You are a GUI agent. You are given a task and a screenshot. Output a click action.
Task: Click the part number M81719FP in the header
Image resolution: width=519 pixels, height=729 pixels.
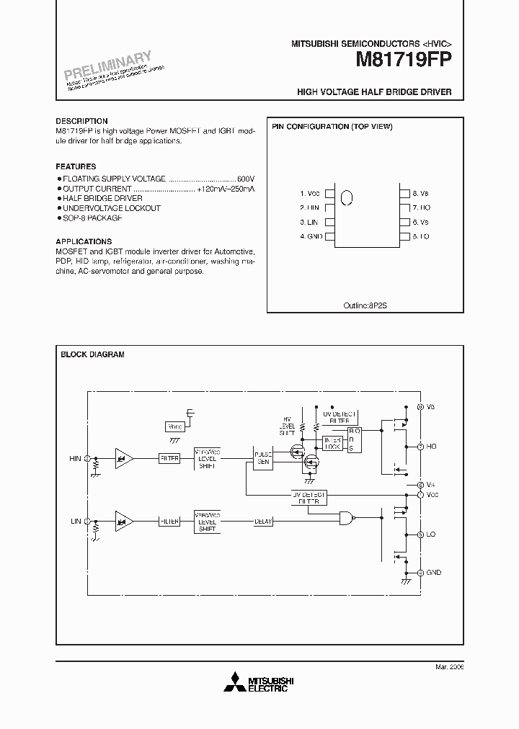point(403,62)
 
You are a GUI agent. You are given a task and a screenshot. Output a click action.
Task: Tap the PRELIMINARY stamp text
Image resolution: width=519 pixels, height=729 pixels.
point(108,66)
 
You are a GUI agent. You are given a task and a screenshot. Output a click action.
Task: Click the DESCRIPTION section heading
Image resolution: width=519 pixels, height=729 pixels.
point(81,121)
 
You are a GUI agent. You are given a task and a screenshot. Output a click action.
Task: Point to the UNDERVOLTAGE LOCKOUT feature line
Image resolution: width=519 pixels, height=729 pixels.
point(111,208)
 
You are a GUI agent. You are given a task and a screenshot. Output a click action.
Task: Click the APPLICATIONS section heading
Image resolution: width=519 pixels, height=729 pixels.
point(84,241)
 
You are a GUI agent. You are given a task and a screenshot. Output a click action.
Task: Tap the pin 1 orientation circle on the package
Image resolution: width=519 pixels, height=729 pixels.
point(346,197)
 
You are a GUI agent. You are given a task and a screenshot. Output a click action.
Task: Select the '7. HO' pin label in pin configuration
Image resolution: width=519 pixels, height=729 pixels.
point(420,207)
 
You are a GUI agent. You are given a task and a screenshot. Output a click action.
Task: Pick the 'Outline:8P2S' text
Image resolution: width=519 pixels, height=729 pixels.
point(365,305)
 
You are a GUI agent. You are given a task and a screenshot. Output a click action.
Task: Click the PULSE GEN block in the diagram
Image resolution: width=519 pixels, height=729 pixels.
point(262,457)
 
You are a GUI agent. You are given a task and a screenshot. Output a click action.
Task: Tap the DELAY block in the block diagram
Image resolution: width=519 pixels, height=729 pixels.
point(263,521)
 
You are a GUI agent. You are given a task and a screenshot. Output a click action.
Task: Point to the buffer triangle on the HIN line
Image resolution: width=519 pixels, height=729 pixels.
point(124,457)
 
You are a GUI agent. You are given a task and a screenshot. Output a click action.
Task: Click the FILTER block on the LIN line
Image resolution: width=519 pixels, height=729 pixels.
point(169,521)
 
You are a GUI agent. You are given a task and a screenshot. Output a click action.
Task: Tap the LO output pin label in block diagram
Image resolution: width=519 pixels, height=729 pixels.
point(432,535)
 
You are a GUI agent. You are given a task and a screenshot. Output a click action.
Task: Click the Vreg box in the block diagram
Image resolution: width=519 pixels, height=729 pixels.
point(174,426)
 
